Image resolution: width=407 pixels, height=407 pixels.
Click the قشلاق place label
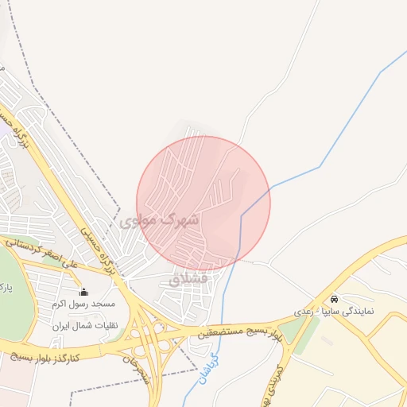pos(188,279)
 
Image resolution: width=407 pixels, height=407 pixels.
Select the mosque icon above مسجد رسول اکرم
pos(83,292)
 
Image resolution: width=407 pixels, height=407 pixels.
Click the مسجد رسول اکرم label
pos(83,304)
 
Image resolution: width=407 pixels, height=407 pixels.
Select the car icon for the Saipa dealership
pos(334,299)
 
